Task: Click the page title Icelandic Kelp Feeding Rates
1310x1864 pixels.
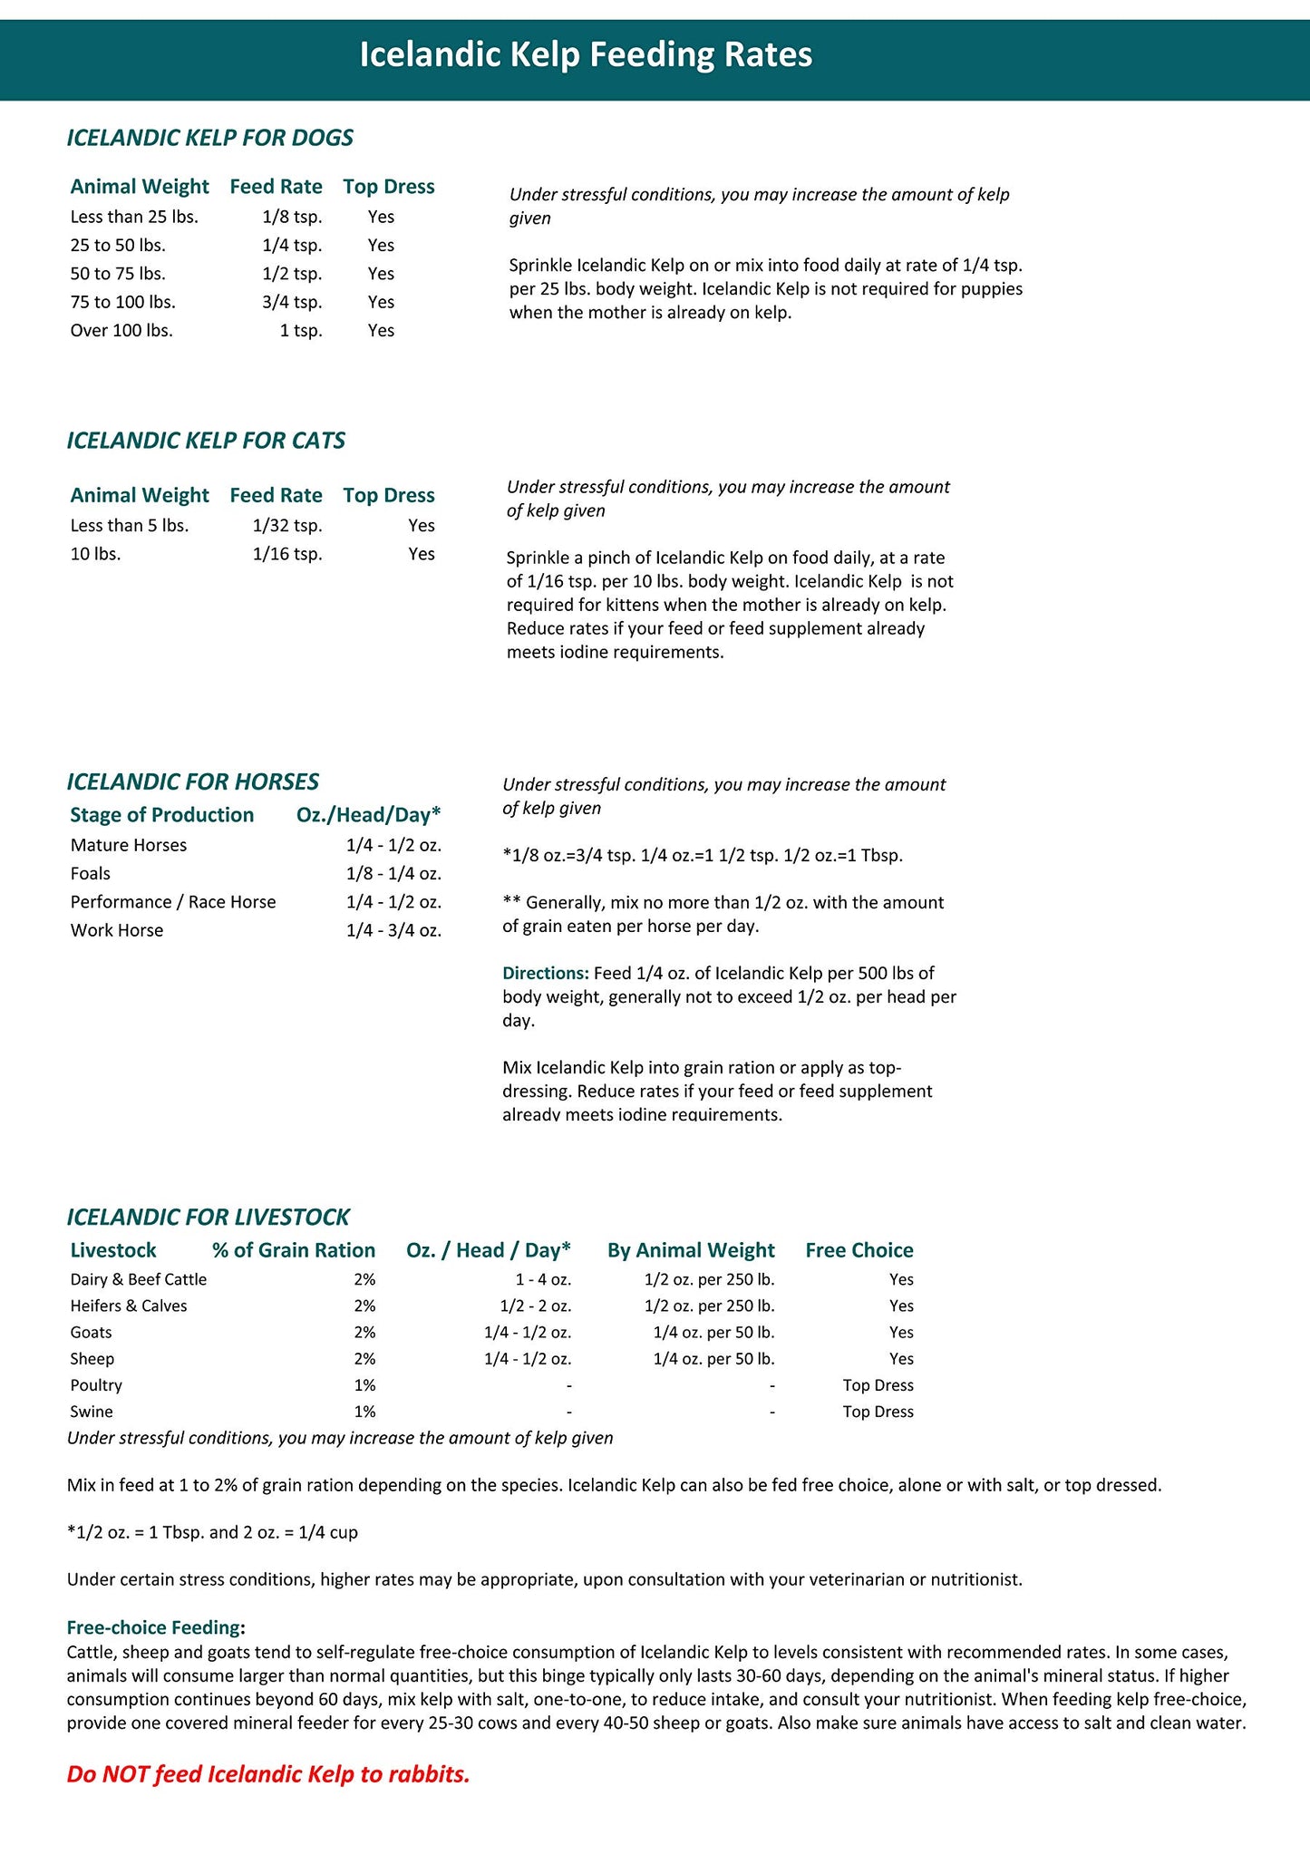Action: click(586, 55)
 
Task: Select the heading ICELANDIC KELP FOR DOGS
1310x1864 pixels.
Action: click(209, 138)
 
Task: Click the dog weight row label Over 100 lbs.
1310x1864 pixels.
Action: click(121, 330)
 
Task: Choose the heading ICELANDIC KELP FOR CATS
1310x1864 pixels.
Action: click(206, 441)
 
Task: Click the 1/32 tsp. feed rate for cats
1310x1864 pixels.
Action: click(287, 526)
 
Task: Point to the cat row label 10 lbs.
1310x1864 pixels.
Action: click(95, 554)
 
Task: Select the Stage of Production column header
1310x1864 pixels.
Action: click(162, 814)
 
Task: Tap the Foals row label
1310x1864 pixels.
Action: click(91, 873)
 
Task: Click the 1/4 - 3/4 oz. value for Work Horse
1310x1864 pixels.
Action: click(393, 930)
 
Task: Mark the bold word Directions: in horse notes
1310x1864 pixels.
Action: click(546, 973)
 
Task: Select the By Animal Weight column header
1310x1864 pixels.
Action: click(691, 1250)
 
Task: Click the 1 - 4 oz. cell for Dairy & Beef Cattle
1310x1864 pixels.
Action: click(542, 1279)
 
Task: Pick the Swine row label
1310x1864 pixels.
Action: click(92, 1412)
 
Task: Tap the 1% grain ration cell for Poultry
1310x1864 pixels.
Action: click(364, 1385)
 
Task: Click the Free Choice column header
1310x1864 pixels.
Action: click(859, 1250)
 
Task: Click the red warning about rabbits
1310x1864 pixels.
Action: click(268, 1774)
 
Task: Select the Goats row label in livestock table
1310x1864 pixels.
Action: click(92, 1333)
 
